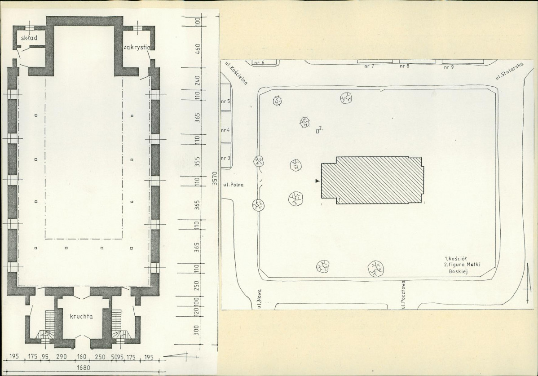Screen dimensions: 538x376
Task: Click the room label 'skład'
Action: (x=29, y=38)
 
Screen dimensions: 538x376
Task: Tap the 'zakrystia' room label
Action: (x=137, y=47)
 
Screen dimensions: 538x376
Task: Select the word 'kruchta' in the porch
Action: (x=81, y=316)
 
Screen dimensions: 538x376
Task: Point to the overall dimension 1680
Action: (x=83, y=368)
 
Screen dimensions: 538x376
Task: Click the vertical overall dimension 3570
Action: (x=215, y=178)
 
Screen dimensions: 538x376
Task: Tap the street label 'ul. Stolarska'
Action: (x=509, y=72)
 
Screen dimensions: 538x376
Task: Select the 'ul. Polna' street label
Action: (x=234, y=185)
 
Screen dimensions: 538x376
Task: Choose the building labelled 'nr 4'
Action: (x=225, y=130)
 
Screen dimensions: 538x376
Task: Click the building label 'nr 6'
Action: (x=259, y=63)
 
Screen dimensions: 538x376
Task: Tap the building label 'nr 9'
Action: (x=449, y=67)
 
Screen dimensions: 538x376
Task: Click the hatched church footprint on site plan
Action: (x=372, y=181)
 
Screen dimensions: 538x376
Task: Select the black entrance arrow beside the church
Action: (x=318, y=181)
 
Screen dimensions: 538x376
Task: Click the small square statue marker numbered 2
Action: (x=318, y=131)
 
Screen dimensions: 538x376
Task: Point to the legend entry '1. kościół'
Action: (x=455, y=258)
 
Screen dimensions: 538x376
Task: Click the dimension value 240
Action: (x=197, y=80)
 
